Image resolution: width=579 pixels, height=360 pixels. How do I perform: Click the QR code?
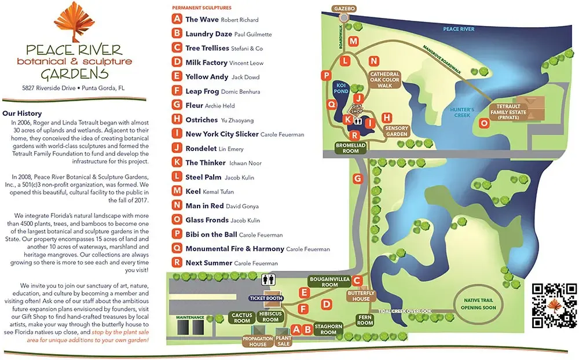[554, 306]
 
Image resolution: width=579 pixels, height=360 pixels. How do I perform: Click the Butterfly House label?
[361, 296]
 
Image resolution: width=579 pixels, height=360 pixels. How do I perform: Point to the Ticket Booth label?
[266, 299]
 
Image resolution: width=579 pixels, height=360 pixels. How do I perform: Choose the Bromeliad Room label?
[351, 148]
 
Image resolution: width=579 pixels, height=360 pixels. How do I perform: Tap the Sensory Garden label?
[397, 131]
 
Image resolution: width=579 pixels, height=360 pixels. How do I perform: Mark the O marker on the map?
[485, 123]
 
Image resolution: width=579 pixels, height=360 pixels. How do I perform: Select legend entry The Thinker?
[200, 163]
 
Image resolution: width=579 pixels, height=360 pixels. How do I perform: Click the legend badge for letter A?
[177, 19]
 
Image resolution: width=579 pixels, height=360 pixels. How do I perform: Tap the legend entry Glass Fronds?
[207, 221]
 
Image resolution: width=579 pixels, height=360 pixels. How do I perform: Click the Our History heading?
[22, 114]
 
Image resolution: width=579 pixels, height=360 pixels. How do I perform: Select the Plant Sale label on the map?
[284, 340]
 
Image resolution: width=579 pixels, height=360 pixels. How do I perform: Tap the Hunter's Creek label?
[463, 112]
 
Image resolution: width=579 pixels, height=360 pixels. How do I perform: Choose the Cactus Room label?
[241, 318]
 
